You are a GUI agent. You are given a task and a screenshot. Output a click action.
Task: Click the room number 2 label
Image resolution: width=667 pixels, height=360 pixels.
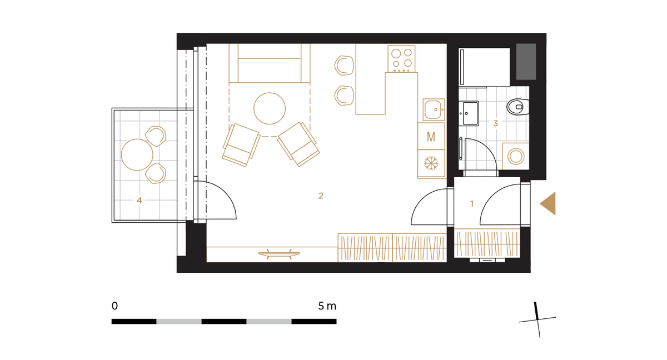(x=321, y=196)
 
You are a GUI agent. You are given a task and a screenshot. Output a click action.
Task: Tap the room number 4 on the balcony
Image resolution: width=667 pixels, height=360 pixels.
(x=139, y=201)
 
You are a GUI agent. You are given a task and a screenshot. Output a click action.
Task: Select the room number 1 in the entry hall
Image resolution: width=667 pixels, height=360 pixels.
(x=472, y=203)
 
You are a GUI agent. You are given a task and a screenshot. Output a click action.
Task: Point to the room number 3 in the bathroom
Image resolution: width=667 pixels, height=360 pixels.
(x=495, y=123)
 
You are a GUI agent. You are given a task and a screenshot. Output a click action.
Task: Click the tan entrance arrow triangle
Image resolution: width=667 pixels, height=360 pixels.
(x=548, y=203)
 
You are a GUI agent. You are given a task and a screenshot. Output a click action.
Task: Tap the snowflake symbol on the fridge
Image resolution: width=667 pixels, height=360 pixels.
(x=431, y=163)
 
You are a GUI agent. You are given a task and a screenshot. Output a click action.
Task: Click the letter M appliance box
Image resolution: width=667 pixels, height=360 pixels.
(x=431, y=136)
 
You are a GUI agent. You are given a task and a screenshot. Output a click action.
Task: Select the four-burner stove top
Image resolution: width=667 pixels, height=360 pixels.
(x=401, y=59)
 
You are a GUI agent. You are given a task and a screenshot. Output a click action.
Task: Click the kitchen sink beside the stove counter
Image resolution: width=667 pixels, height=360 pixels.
(x=434, y=109)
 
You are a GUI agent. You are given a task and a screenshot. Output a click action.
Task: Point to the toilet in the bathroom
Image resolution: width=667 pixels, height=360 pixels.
(x=518, y=107)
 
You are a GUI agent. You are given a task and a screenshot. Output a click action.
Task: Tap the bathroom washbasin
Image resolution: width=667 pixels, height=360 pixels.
(x=469, y=113)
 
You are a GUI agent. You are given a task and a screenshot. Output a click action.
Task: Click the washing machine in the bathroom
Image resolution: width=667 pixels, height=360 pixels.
(x=516, y=156)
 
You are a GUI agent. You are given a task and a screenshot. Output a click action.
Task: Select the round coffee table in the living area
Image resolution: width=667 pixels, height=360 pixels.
(x=270, y=108)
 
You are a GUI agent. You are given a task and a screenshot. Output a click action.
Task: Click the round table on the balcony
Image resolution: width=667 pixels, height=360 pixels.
(x=137, y=154)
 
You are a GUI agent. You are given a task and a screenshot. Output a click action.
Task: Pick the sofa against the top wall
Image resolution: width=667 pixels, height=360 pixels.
(x=270, y=63)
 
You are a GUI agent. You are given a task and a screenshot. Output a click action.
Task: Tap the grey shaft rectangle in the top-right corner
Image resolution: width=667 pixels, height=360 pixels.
(x=526, y=62)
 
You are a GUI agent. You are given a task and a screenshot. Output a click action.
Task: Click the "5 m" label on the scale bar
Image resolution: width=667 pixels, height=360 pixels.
(x=327, y=306)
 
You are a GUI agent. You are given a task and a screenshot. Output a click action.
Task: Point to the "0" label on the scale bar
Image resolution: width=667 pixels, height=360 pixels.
(x=115, y=306)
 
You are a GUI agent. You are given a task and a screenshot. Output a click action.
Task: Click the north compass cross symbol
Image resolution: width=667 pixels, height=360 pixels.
(x=537, y=320)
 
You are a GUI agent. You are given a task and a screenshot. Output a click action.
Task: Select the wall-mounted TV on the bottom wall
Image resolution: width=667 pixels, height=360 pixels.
(x=279, y=254)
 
